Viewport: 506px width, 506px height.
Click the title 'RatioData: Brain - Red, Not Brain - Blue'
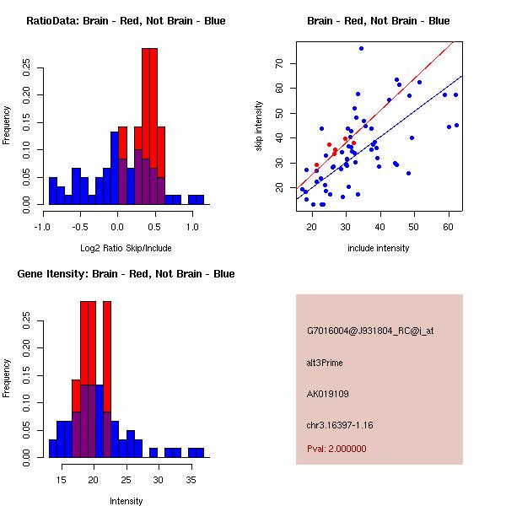tap(126, 21)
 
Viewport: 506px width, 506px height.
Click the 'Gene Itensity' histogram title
tap(126, 274)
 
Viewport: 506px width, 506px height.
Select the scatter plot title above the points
tap(378, 21)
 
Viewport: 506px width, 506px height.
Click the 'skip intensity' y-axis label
tap(260, 126)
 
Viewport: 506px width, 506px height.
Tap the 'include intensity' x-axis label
tap(378, 249)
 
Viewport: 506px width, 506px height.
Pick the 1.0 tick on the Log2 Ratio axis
tap(191, 227)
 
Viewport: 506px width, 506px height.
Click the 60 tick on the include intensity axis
tap(448, 227)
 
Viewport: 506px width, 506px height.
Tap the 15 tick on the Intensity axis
tap(61, 480)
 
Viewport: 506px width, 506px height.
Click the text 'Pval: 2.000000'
tap(336, 449)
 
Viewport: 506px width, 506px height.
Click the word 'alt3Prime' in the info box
tap(325, 363)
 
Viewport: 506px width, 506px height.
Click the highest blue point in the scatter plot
tap(361, 48)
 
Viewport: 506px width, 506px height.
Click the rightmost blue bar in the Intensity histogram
tap(196, 452)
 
